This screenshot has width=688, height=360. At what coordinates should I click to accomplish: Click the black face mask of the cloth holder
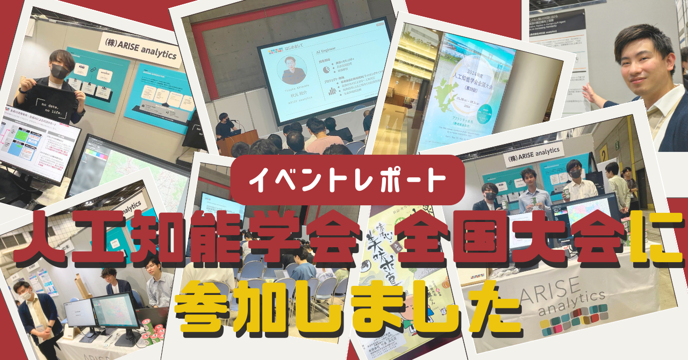coord(59,70)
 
